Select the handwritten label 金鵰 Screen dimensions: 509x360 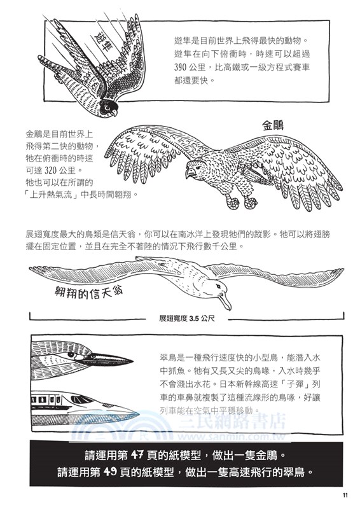[x=275, y=125]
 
